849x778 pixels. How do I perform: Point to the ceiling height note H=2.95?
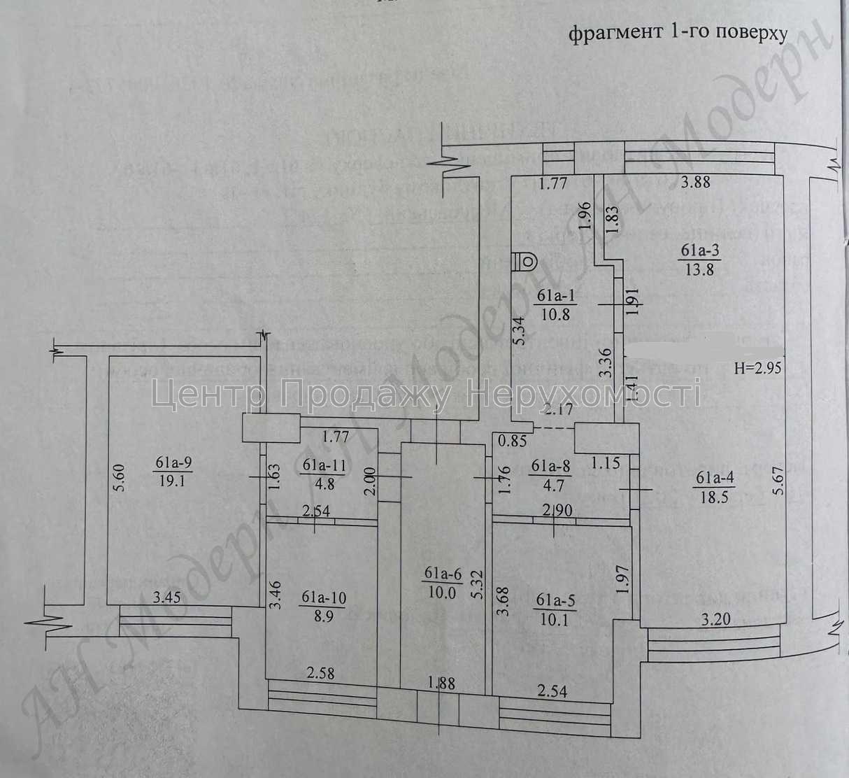pyautogui.click(x=757, y=368)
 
